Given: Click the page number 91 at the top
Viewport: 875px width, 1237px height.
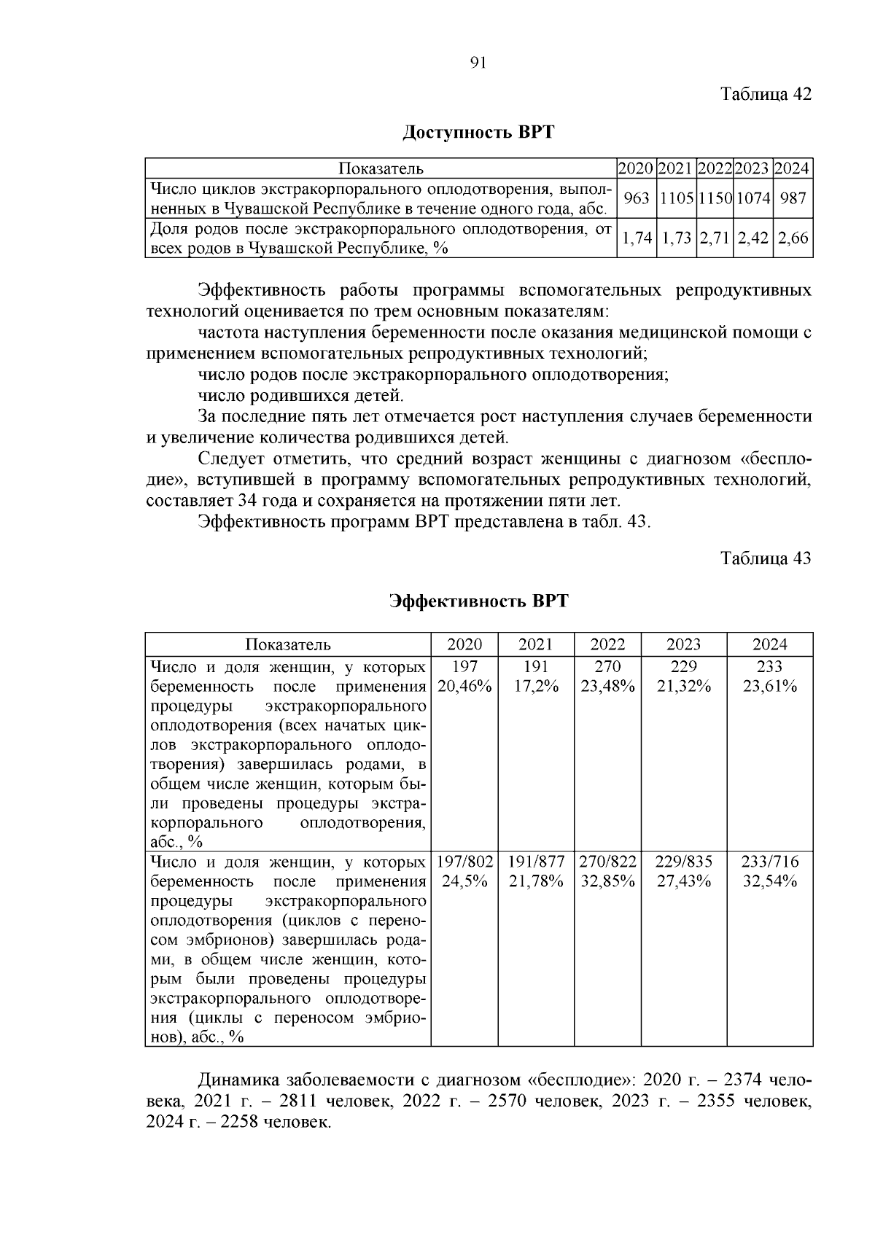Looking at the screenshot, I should (478, 63).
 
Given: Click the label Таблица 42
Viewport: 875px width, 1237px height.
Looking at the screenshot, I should (766, 94).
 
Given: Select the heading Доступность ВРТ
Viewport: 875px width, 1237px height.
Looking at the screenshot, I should (478, 133).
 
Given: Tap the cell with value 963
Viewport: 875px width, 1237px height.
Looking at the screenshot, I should (636, 198).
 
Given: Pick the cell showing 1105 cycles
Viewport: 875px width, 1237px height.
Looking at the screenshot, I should (676, 198).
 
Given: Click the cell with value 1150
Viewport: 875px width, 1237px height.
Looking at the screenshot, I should (715, 198).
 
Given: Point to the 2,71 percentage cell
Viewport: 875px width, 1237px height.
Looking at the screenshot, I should (715, 238).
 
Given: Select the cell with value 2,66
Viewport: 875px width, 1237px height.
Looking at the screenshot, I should (793, 238).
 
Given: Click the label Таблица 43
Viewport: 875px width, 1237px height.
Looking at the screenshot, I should (766, 558).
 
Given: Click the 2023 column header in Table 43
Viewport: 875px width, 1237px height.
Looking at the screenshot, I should (683, 644).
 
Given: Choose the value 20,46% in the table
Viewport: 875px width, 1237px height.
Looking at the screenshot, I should (464, 686).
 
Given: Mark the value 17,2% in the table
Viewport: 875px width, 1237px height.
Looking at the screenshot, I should (535, 686).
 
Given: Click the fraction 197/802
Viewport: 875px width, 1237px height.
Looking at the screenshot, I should (464, 862).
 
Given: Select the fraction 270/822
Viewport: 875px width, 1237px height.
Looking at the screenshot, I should (607, 862).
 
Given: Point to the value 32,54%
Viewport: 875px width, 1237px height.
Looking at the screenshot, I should (770, 881).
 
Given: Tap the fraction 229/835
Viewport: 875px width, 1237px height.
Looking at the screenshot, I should (683, 862).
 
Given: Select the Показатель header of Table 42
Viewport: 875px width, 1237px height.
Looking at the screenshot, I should (380, 169).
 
